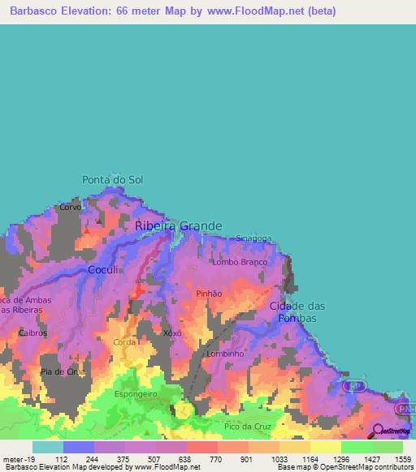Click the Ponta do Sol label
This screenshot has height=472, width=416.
pos(112,179)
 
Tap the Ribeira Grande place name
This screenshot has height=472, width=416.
pos(177,226)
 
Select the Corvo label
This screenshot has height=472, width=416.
pos(70,208)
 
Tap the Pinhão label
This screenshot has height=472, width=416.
pos(209,294)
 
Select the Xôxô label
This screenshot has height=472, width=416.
pos(171,333)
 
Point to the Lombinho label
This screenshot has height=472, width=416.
pos(225,354)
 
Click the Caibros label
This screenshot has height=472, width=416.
pos(33,333)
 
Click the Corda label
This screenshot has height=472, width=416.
pos(124,343)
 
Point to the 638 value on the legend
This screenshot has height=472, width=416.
pos(185,459)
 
